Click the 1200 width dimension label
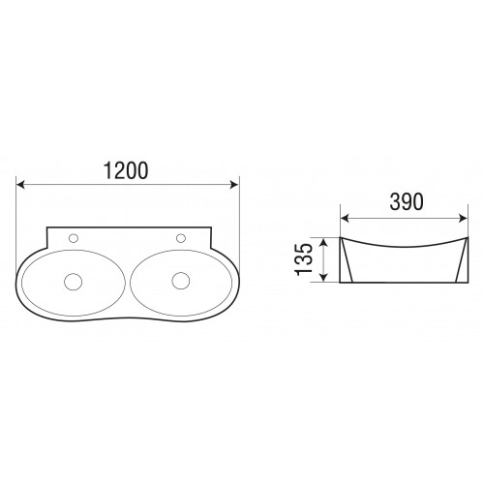[126, 170]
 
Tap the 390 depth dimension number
[407, 202]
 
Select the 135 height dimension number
[304, 259]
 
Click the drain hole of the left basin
[73, 282]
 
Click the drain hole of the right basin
[181, 281]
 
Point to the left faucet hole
[74, 238]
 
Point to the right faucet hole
[181, 238]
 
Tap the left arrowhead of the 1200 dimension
[20, 185]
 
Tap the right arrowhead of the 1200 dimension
[234, 185]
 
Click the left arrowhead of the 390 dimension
[346, 219]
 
